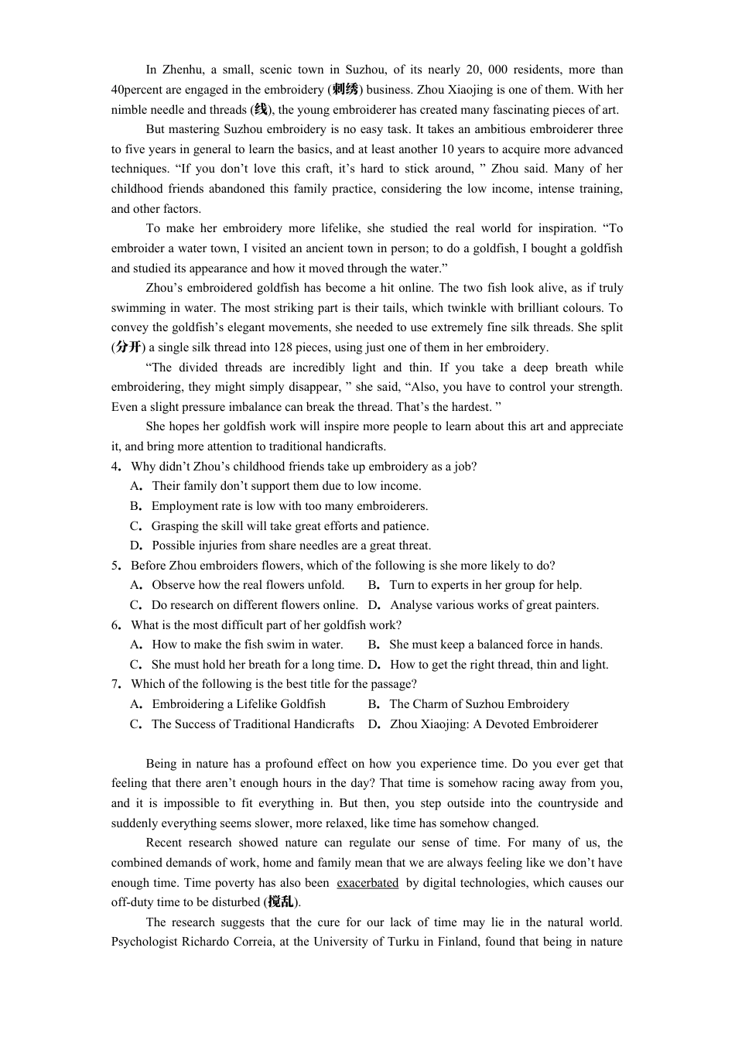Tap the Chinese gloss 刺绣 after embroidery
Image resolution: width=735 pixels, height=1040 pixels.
[x=344, y=90]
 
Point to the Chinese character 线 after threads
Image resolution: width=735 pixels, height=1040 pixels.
[x=261, y=110]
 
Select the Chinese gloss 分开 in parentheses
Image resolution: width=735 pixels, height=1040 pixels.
[x=128, y=347]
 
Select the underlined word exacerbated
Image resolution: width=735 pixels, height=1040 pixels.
[x=367, y=883]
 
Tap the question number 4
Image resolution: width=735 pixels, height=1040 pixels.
[x=115, y=467]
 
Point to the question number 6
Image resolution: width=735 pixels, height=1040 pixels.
[x=115, y=625]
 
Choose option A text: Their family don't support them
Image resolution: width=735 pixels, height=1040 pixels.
[x=286, y=486]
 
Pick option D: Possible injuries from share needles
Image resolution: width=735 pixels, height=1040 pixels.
[x=291, y=546]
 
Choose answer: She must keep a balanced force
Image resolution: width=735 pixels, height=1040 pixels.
[x=495, y=645]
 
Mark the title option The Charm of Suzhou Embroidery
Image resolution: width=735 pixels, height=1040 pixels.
[x=479, y=704]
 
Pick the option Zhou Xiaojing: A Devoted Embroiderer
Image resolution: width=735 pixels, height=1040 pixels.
[x=494, y=724]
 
